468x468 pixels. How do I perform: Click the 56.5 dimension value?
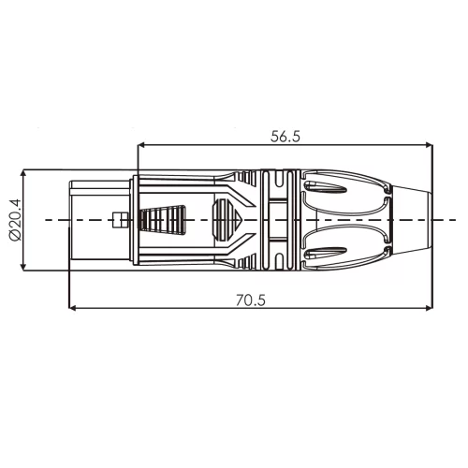285,136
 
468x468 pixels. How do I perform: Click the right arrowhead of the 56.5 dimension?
430,145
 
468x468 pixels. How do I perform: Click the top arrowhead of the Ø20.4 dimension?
23,174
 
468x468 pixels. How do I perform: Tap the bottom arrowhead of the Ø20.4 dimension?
23,268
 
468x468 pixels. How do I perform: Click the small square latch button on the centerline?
117,221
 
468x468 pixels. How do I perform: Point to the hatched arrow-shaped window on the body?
228,221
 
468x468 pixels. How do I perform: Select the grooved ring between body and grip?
277,221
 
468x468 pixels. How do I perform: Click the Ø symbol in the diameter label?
13,238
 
